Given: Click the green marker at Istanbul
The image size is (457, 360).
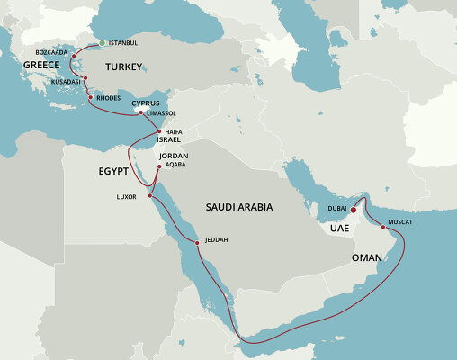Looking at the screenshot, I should [102, 43].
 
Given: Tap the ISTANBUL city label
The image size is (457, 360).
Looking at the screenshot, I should [123, 43].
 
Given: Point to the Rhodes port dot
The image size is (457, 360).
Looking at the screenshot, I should [90, 97].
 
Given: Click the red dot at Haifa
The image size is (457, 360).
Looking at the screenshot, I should [158, 131].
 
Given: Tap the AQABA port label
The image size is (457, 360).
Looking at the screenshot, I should [176, 166].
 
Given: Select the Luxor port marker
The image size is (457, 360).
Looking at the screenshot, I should [152, 192].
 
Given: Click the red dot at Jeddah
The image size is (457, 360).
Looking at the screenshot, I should [196, 240].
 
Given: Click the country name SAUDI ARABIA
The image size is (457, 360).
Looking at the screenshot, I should [239, 207].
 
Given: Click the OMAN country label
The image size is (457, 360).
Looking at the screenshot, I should [367, 257].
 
